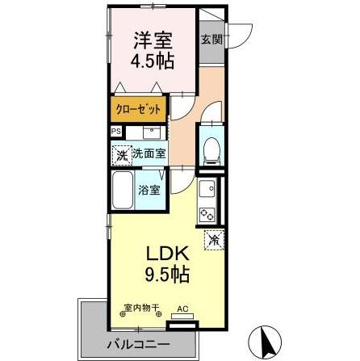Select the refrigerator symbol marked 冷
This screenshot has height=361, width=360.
[213, 239]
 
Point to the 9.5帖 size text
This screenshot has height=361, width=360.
[166, 274]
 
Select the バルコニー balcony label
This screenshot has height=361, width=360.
[140, 346]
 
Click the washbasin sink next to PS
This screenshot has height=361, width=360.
[151, 132]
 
